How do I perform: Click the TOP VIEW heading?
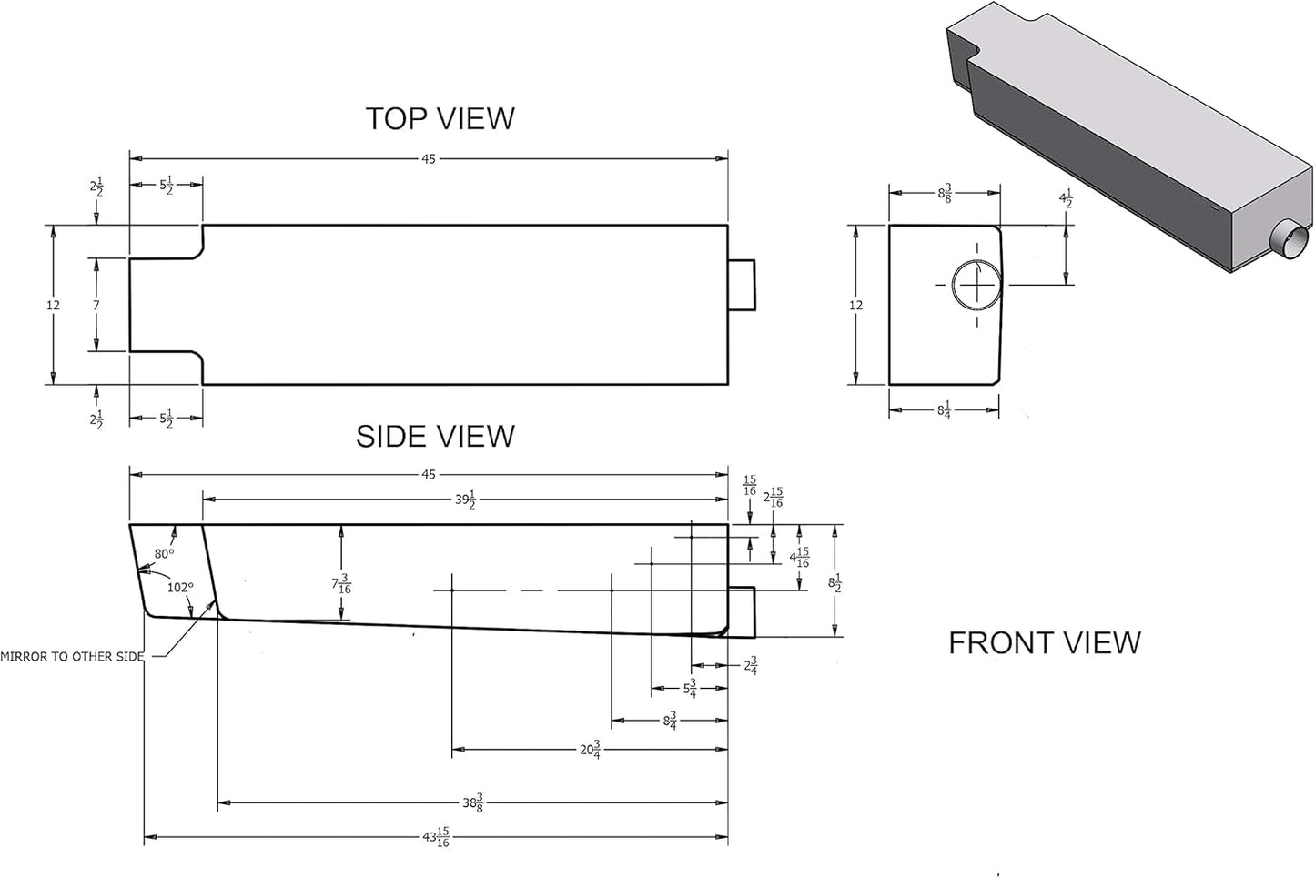coord(440,118)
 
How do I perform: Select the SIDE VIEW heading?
coord(436,437)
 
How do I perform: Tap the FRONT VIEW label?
coord(1045,642)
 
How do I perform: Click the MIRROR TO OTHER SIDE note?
coord(72,657)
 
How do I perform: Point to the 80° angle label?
coord(165,553)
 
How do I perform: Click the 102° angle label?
coord(180,588)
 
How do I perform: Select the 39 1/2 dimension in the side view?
coord(465,500)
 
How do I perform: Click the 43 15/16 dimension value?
coord(436,837)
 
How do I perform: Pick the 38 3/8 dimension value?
coord(472,802)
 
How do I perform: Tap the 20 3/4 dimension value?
coord(590,750)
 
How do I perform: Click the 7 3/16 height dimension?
coord(341,584)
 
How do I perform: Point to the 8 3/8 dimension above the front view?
coord(945,193)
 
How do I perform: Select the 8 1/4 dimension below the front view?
coord(944,410)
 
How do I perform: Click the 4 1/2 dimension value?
coord(1066,198)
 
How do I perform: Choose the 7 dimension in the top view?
coord(96,305)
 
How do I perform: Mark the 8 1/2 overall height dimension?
coord(835,583)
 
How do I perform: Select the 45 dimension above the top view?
coord(429,159)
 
